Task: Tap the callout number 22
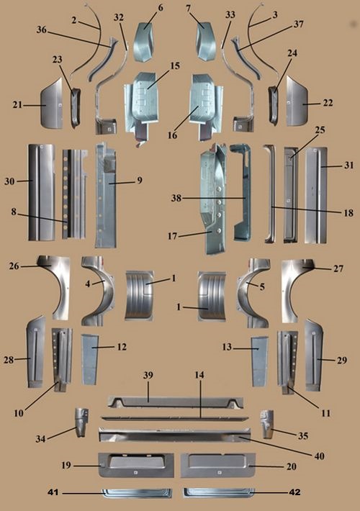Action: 328,104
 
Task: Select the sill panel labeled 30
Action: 41,192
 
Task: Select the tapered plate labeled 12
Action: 89,358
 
